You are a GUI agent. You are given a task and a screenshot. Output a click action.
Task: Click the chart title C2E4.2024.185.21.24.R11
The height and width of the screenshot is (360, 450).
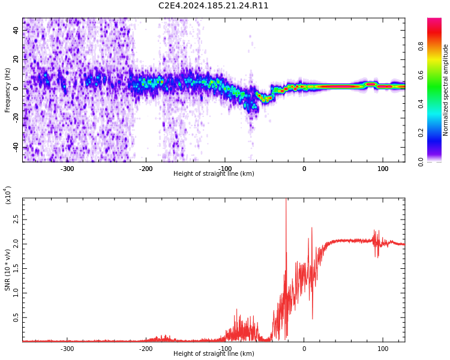coord(214,6)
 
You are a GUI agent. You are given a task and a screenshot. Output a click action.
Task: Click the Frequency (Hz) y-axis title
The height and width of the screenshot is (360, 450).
coord(8,90)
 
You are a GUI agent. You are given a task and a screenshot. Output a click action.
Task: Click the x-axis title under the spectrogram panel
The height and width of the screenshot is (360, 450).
coord(214,174)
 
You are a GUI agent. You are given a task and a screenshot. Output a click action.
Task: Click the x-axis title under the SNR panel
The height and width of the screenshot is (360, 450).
coord(214,354)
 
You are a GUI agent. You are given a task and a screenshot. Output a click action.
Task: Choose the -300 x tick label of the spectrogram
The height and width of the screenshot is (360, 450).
coord(67,169)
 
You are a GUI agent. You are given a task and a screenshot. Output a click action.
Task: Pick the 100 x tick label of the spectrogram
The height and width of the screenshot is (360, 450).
coord(382,169)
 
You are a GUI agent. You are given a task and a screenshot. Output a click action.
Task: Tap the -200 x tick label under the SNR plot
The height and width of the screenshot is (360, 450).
coord(146,349)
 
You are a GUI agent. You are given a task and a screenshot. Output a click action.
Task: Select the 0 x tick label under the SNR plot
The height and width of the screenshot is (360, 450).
coord(304,349)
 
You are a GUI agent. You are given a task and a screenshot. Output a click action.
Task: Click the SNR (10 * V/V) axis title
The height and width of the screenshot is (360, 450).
coord(8,270)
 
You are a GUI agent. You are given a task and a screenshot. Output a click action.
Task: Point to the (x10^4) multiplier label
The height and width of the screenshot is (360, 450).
coord(8,195)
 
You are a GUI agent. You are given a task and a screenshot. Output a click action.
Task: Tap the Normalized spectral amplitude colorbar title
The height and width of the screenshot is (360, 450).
coord(446,90)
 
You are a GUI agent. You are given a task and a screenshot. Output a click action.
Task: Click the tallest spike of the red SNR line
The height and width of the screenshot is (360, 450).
coord(286,200)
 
